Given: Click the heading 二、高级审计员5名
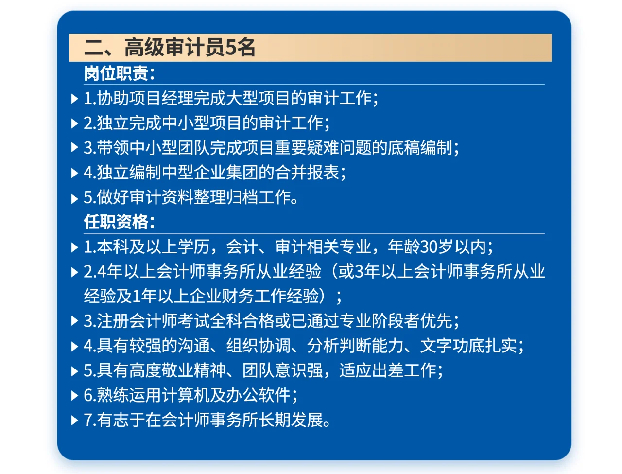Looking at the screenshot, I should tap(170, 48).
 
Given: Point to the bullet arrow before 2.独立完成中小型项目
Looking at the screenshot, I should tap(74, 123).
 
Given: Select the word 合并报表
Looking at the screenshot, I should tap(307, 172).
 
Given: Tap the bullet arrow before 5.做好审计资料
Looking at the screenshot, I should tap(74, 198).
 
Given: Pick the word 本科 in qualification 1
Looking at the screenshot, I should tap(105, 246).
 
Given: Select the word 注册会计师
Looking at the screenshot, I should tap(137, 321).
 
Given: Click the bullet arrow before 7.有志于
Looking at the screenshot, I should tap(74, 421).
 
